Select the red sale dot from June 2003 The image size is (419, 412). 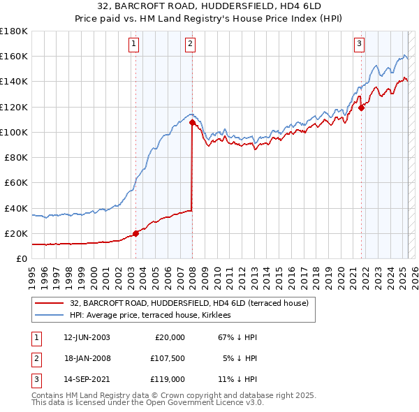[x=136, y=233]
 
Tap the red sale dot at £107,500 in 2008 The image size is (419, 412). [x=192, y=123]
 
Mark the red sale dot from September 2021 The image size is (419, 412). [x=362, y=108]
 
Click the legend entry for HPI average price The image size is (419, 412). [x=155, y=315]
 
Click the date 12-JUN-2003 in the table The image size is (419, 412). [x=86, y=337]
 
